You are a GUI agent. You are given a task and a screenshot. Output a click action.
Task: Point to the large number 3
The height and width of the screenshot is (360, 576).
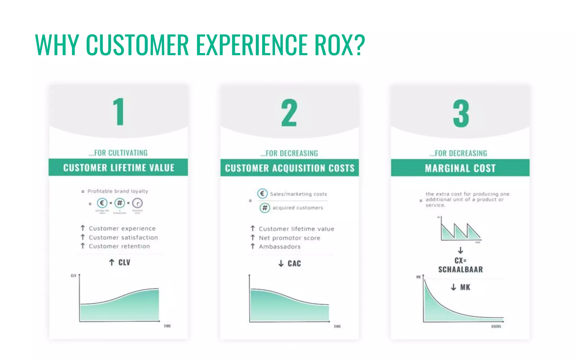tap(461, 113)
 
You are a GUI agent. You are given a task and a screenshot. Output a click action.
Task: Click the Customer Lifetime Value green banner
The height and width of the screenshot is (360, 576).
tap(118, 168)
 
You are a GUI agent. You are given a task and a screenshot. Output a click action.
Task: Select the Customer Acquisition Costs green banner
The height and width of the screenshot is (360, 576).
tap(289, 168)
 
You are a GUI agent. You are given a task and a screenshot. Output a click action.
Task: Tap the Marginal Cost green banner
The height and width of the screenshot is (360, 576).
tap(460, 168)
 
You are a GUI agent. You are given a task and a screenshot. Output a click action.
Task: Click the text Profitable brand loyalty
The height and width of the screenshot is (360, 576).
tap(118, 191)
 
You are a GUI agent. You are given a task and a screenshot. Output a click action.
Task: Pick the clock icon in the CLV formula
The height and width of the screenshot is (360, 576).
tap(137, 203)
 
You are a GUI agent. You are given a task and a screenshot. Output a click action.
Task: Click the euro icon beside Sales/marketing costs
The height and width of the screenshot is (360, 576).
tap(262, 193)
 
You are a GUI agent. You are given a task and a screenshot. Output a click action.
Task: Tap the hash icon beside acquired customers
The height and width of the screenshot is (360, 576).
tap(265, 208)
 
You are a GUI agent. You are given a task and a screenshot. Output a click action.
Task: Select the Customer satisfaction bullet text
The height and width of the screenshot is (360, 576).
tap(123, 238)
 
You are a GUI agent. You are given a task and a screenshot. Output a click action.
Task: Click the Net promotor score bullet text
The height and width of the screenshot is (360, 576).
tap(289, 238)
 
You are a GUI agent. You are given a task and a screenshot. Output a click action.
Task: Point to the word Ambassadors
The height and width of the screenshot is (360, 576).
tap(280, 247)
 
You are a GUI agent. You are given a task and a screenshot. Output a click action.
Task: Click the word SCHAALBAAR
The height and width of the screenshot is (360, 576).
tap(460, 269)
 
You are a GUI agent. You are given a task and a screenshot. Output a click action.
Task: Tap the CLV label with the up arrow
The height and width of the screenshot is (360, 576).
tap(120, 262)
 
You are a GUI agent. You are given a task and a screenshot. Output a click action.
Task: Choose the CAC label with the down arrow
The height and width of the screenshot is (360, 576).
tap(290, 264)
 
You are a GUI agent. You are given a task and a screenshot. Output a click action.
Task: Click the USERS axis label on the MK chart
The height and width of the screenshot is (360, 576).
tap(496, 326)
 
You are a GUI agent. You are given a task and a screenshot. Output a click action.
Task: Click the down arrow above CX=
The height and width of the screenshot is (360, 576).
tap(460, 250)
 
